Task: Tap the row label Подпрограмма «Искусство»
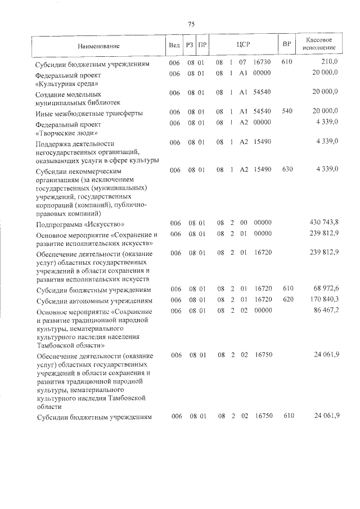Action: (x=76, y=224)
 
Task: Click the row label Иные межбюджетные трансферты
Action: (x=87, y=113)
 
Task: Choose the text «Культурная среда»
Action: (x=65, y=83)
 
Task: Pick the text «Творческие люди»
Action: (x=66, y=133)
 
